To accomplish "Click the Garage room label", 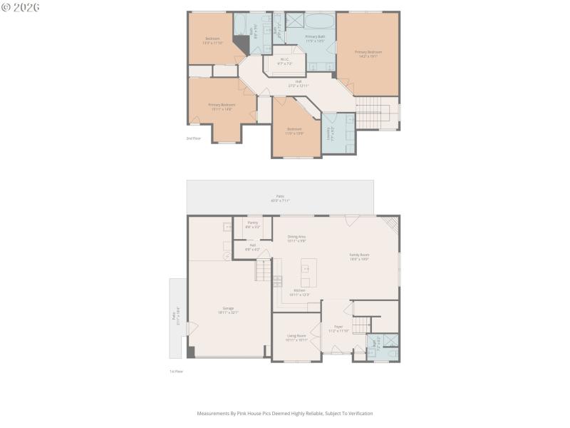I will [228, 310].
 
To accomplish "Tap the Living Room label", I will [296, 337].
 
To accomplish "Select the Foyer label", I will [338, 328].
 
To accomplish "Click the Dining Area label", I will [296, 238].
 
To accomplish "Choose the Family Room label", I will [359, 256].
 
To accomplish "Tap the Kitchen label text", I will [299, 292].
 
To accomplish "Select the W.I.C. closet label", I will [284, 61].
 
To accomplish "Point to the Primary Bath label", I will [315, 38].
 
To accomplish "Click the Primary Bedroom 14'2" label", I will [368, 53].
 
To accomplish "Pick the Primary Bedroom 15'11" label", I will [222, 106].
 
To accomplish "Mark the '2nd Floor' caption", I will [193, 138].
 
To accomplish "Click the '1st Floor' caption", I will [176, 372].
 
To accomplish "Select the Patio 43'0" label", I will [279, 198].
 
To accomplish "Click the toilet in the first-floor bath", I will [391, 352].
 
